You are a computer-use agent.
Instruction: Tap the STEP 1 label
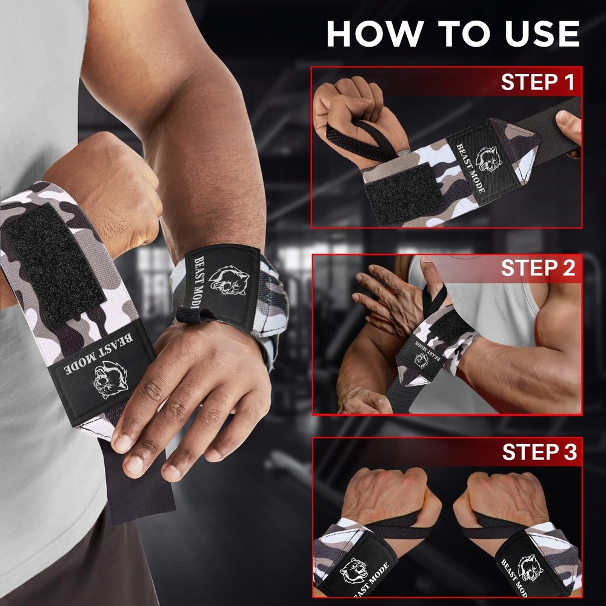tap(537, 82)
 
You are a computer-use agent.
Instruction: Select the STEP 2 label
tap(538, 268)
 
